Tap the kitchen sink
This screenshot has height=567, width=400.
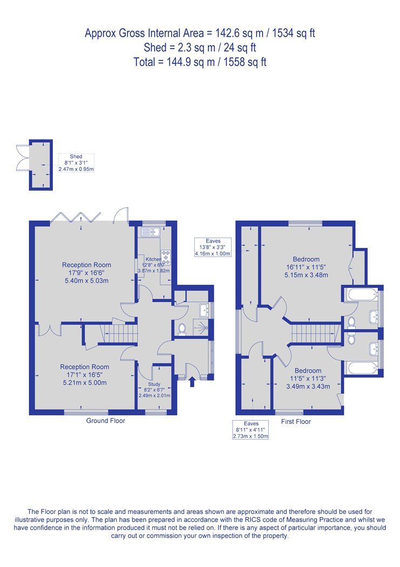[x=148, y=232]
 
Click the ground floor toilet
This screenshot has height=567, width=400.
[x=182, y=328]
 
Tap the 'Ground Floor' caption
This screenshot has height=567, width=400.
[x=106, y=421]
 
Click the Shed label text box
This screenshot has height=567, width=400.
[x=76, y=163]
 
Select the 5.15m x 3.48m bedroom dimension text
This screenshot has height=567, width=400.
[x=306, y=275]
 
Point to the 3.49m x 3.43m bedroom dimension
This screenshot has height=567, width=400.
[x=307, y=386]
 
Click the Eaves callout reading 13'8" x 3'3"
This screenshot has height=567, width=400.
[x=213, y=247]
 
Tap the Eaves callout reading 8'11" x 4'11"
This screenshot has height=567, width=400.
[x=250, y=430]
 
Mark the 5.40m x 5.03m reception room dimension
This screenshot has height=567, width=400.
[x=86, y=280]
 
